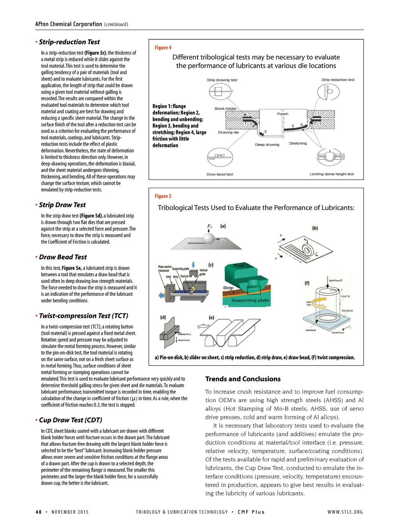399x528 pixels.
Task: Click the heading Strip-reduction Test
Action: [69, 42]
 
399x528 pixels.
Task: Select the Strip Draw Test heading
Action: [62, 205]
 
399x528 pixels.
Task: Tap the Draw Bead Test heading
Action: [63, 257]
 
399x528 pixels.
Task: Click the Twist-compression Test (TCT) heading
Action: [83, 316]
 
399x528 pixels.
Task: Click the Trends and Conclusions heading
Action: [243, 379]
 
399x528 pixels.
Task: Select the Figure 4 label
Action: [163, 48]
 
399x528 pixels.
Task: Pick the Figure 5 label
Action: [163, 196]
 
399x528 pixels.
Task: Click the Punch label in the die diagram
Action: [282, 114]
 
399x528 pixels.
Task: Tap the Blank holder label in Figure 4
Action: [225, 109]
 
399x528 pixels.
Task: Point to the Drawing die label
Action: [228, 132]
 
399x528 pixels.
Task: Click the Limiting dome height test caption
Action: [332, 174]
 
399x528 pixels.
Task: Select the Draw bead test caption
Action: [219, 175]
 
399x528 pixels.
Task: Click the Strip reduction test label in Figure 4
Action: [337, 80]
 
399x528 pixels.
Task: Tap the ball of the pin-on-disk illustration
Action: [209, 238]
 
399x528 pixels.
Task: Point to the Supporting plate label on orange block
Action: [250, 300]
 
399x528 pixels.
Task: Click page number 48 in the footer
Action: [39, 512]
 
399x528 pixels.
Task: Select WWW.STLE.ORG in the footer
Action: [345, 512]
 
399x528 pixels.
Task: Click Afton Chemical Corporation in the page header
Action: [69, 24]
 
